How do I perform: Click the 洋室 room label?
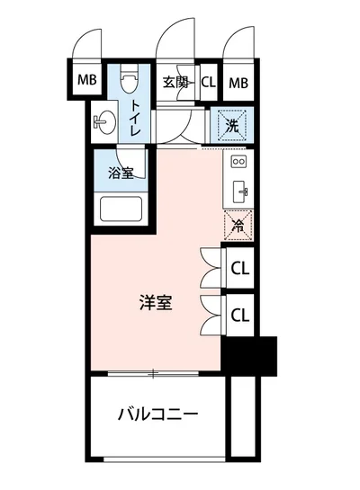click(x=157, y=303)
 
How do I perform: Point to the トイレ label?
click(x=136, y=117)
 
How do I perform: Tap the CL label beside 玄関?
click(x=208, y=83)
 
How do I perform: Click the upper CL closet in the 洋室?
click(x=239, y=267)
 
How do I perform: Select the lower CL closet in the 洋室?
click(x=239, y=314)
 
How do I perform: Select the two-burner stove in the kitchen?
click(x=238, y=163)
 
